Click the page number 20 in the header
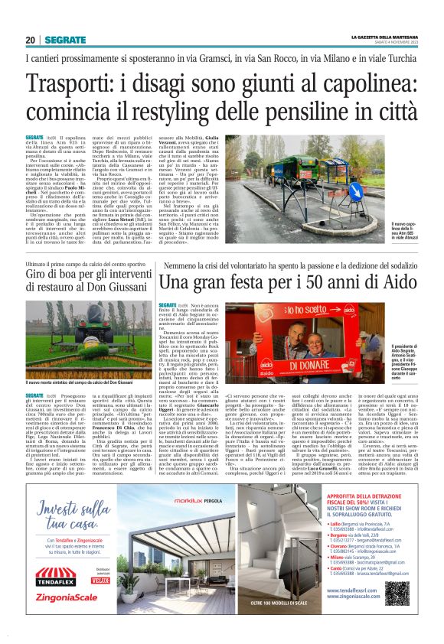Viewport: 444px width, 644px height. [30, 40]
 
